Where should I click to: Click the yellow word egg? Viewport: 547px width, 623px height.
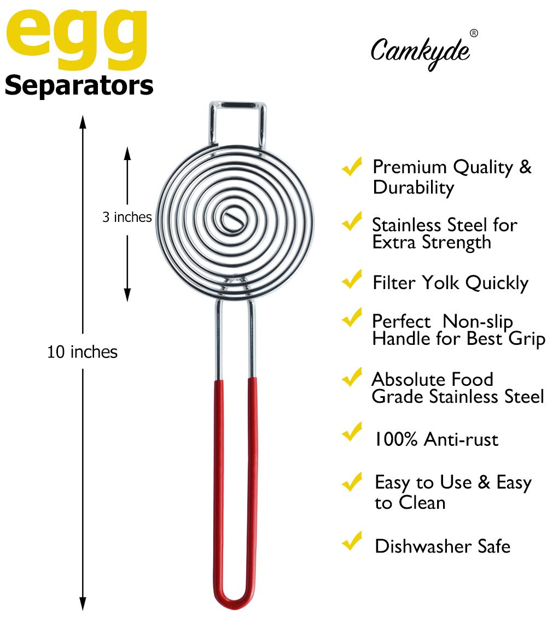pos(77,36)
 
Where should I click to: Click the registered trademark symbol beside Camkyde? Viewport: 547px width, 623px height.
pos(474,33)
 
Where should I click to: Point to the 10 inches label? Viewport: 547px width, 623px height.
pos(83,352)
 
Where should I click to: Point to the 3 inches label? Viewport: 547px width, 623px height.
pos(127,218)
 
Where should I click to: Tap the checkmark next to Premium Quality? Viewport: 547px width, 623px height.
pos(352,165)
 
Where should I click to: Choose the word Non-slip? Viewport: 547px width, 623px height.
pos(478,321)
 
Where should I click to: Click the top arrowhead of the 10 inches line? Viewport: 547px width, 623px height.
pos(83,121)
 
